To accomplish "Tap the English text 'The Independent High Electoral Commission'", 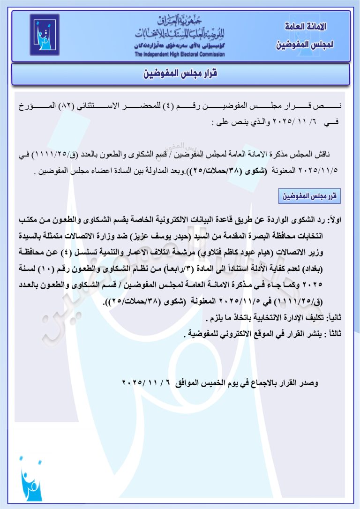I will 180,54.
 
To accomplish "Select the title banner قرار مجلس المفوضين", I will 180,74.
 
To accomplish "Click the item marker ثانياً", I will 334,317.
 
